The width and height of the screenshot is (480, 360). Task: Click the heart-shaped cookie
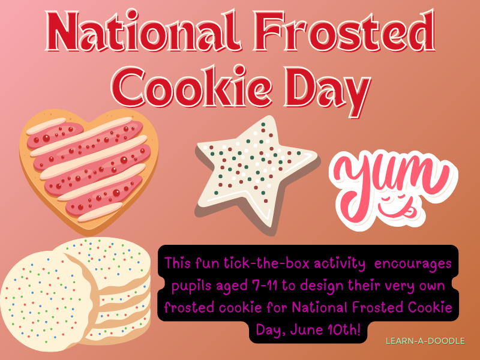pyautogui.click(x=90, y=162)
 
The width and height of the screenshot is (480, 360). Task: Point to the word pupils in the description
pyautogui.click(x=191, y=286)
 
